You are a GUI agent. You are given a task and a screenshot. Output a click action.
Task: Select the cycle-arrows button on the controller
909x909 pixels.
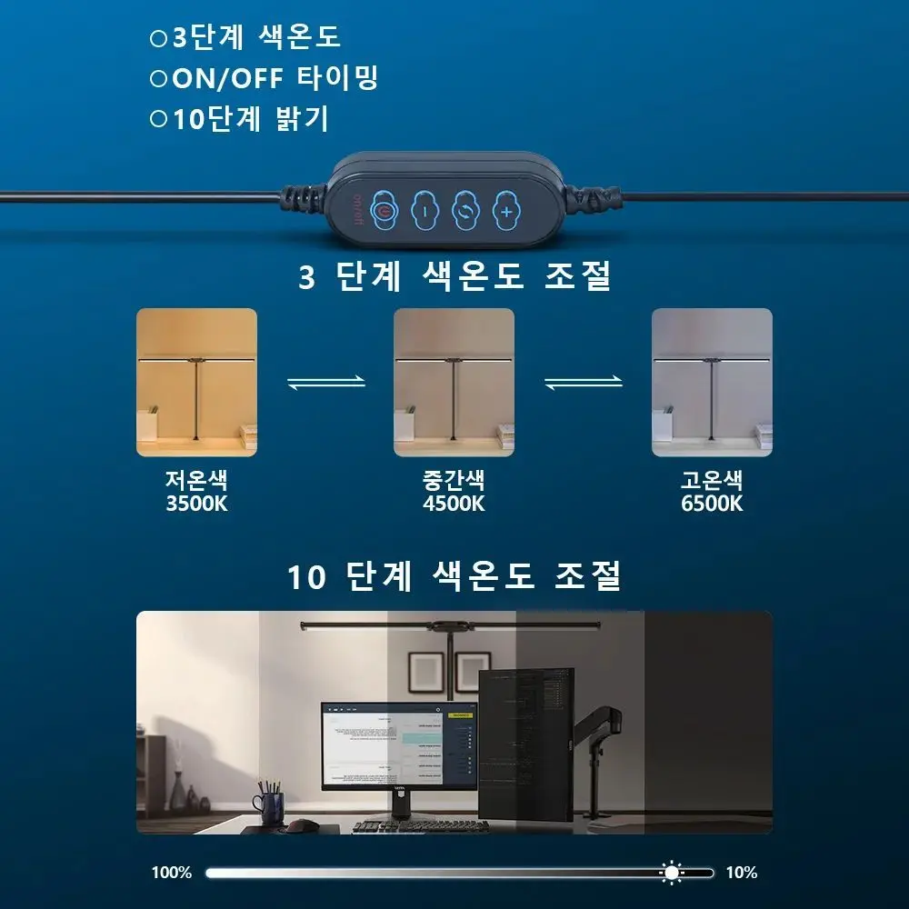point(465,210)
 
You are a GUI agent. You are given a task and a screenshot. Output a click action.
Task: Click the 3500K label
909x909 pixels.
point(196,504)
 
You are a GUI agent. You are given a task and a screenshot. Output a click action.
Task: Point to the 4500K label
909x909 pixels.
point(454,504)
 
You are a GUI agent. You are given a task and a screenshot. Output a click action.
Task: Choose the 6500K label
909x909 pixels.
point(712,504)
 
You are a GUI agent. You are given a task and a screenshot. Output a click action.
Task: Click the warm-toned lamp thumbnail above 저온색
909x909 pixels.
point(196,382)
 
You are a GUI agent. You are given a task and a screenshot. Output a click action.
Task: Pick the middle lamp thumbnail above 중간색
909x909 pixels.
point(454,382)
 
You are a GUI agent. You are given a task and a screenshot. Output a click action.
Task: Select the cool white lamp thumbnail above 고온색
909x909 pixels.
point(712,382)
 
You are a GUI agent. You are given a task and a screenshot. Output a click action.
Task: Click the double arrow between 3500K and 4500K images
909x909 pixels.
point(325,383)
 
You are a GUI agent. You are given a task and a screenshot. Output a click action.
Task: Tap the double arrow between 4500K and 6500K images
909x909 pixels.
point(583,383)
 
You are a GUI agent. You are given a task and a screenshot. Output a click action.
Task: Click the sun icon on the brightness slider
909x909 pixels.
point(672,873)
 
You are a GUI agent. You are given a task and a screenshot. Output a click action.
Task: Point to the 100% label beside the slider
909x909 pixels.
point(172,873)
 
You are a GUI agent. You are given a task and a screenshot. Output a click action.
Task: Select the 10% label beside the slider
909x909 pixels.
point(741,873)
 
